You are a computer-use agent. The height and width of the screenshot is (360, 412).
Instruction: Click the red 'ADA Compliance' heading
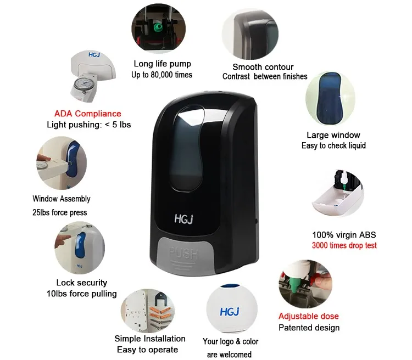(x=87, y=114)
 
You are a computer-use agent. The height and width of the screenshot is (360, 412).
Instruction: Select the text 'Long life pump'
(x=162, y=64)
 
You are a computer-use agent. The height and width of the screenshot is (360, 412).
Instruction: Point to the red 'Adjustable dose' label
(x=308, y=316)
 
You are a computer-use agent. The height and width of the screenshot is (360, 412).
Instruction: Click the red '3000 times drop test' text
(x=344, y=245)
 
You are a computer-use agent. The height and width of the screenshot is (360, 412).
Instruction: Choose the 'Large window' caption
(x=333, y=135)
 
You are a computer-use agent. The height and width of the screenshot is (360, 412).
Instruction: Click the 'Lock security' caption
(x=82, y=283)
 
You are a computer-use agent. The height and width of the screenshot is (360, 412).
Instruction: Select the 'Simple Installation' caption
(x=149, y=339)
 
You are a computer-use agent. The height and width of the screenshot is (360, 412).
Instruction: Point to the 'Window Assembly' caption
(x=62, y=199)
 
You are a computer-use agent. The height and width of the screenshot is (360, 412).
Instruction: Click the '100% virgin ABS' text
(x=344, y=235)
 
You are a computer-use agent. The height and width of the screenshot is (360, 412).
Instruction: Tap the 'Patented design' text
(x=309, y=328)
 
